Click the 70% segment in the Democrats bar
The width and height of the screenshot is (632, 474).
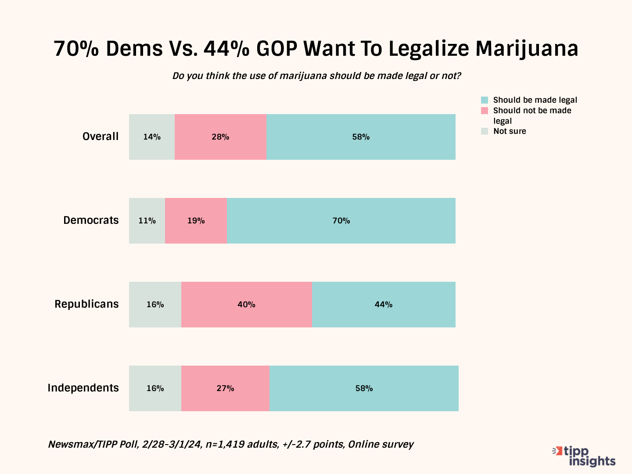tap(341, 221)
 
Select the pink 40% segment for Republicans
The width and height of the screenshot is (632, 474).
tap(246, 305)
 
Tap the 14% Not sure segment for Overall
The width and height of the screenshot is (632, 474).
tap(152, 137)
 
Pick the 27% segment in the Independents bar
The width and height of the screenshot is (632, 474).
tap(225, 388)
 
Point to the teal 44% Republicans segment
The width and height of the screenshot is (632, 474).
tap(384, 305)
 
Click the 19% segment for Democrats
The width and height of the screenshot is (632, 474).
tap(196, 221)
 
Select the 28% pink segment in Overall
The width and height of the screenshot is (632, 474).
tap(220, 137)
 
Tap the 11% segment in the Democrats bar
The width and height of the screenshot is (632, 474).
tap(147, 221)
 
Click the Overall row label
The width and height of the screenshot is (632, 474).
tap(101, 136)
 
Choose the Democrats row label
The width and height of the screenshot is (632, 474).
tap(91, 220)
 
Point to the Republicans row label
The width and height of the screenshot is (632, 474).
tap(86, 304)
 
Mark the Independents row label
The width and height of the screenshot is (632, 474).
tap(83, 388)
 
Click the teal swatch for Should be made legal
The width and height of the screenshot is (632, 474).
tap(485, 100)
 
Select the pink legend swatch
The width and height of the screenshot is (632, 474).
tap(485, 111)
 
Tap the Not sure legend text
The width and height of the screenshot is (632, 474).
tap(510, 131)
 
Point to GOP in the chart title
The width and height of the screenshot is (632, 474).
tap(276, 48)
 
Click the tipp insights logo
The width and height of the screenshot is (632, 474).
tap(585, 456)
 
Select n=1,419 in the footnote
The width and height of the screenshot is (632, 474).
tap(226, 444)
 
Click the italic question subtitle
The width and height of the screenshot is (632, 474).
tap(316, 76)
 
